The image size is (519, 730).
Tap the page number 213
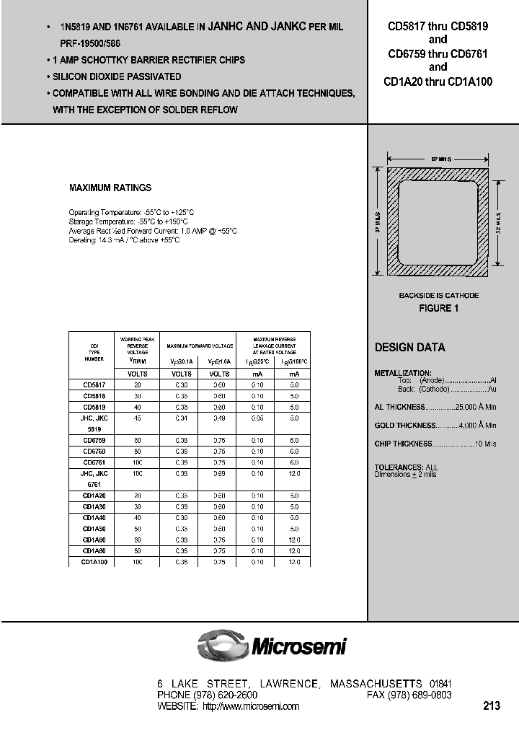pyautogui.click(x=492, y=705)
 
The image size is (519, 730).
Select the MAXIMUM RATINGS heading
pyautogui.click(x=110, y=188)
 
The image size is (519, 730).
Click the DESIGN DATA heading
pyautogui.click(x=409, y=347)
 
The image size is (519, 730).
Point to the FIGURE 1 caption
pyautogui.click(x=439, y=308)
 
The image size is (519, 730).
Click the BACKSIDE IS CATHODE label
pyautogui.click(x=439, y=296)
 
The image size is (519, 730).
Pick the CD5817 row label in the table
pyautogui.click(x=94, y=385)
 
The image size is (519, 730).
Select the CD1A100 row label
pyautogui.click(x=94, y=561)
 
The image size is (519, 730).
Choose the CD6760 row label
pyautogui.click(x=94, y=452)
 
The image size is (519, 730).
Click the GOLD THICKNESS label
pyautogui.click(x=406, y=426)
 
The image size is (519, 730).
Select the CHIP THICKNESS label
pyautogui.click(x=403, y=444)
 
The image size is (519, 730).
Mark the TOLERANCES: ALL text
pyautogui.click(x=406, y=467)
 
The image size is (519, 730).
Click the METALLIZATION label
pyautogui.click(x=402, y=372)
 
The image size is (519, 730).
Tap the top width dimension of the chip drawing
pyautogui.click(x=439, y=157)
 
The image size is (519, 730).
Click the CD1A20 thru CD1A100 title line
pyautogui.click(x=438, y=82)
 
